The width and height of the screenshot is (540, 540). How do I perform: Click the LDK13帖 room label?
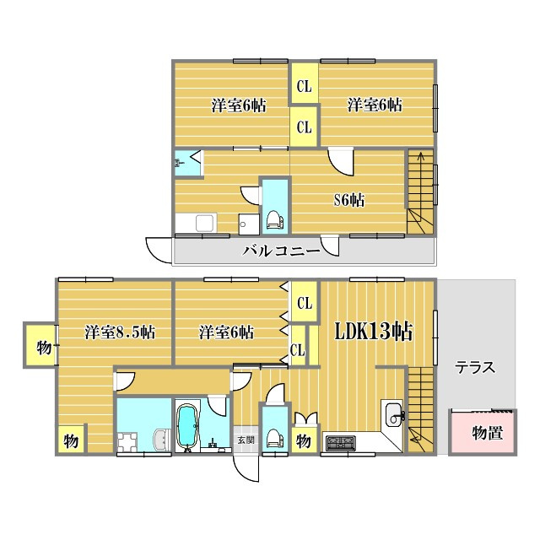coord(374,331)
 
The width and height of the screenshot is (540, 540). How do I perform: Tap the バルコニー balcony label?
coord(281,251)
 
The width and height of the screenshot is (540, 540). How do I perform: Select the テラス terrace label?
coord(475,368)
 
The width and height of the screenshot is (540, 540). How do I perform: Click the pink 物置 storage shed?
coord(483,432)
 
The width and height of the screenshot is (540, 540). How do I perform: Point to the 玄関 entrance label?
coord(246,440)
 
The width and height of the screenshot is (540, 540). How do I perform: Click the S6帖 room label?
coord(349,200)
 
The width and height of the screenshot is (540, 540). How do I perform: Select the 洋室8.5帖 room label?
coord(120,332)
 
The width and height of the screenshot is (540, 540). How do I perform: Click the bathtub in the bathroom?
coord(187,427)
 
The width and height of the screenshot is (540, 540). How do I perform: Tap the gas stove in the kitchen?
coord(341,443)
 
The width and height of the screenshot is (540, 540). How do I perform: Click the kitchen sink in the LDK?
coord(394,415)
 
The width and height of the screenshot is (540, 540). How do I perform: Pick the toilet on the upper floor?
coord(275,219)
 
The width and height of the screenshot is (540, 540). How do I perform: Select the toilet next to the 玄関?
coord(275,438)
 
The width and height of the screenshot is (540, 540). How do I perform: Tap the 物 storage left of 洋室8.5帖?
coord(40,345)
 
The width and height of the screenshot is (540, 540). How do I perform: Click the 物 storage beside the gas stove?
coord(304,440)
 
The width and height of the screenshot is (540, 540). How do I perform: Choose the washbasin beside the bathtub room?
coord(161,440)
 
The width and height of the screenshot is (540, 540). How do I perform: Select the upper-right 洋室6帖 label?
coord(375,105)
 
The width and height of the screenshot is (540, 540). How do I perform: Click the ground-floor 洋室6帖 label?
coord(227,332)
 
